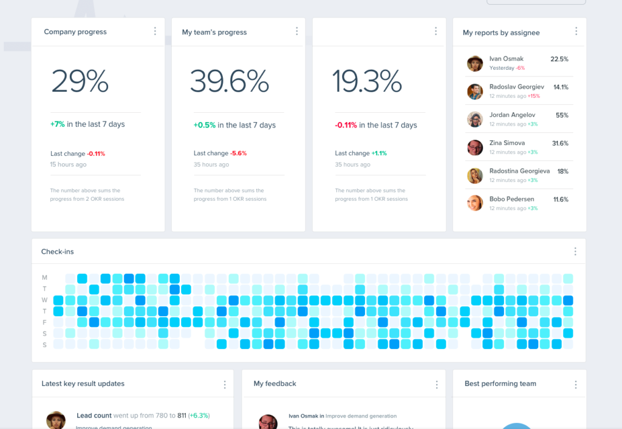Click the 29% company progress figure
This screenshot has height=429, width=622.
pos(80,81)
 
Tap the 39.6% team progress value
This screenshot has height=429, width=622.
pos(229,81)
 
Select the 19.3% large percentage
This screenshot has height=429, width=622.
pos(366,81)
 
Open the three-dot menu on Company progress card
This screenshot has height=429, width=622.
pos(155,32)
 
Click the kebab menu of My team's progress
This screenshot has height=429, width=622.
pos(296,32)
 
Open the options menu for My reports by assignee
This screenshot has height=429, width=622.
pos(576,32)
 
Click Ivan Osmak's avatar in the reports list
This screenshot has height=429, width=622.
pos(475,63)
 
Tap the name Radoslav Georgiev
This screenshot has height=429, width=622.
pos(516,87)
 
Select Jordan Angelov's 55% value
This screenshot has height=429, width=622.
pos(562,115)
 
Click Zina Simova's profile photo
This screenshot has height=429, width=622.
pos(475,147)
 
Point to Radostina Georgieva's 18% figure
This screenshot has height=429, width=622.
pos(562,171)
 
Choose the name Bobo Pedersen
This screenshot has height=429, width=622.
pos(512,199)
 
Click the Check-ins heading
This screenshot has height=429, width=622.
pos(57,251)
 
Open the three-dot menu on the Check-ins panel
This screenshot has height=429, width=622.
pos(575,251)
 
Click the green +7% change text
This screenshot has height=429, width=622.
pos(57,124)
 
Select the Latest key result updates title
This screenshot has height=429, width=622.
pos(83,383)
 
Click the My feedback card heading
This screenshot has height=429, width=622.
pos(275,383)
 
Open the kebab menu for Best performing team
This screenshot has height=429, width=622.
pos(576,384)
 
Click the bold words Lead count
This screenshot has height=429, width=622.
pos(94,416)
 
